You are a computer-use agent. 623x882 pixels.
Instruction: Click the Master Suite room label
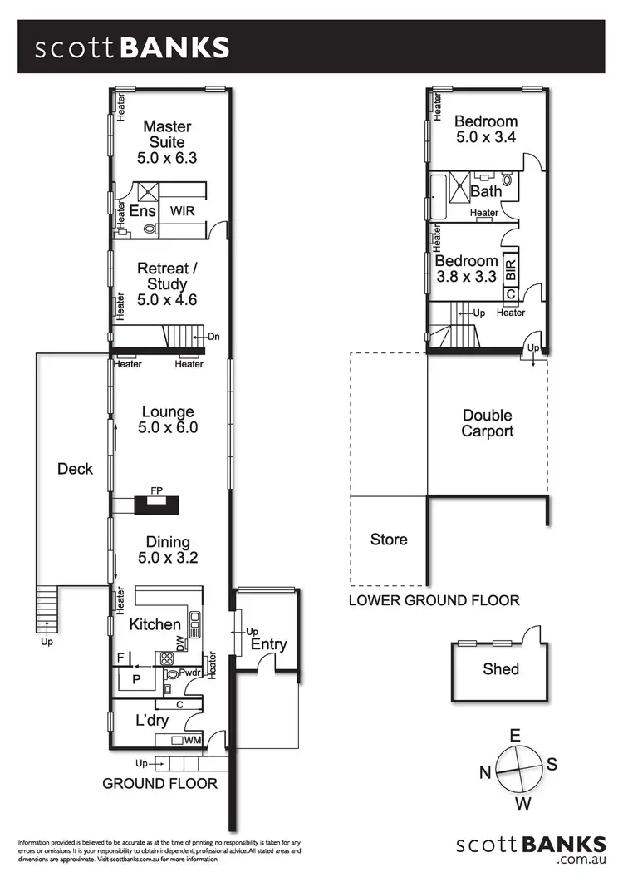(x=167, y=135)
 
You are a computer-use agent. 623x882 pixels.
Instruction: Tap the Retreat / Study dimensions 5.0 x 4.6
(x=167, y=300)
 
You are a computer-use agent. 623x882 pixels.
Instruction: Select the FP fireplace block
(x=155, y=503)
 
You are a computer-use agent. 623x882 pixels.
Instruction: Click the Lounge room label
(x=167, y=411)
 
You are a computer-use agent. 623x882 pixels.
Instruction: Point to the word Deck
(x=75, y=469)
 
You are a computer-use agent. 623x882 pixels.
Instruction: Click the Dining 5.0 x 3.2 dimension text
(x=167, y=558)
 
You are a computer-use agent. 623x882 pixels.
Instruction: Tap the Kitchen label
(x=155, y=624)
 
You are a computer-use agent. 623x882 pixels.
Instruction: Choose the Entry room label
(x=268, y=644)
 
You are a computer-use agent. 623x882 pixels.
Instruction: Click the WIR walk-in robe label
(x=183, y=211)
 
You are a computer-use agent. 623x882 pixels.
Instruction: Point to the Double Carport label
(x=488, y=423)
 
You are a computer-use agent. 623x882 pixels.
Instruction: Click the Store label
(x=389, y=540)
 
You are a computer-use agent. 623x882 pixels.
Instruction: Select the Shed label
(x=501, y=668)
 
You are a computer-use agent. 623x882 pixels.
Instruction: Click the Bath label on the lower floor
(x=486, y=191)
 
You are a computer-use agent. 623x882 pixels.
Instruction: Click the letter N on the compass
(x=485, y=772)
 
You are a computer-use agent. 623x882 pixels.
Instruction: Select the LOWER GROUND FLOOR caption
(x=434, y=600)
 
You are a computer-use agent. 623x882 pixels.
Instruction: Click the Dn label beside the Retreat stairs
(x=213, y=337)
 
